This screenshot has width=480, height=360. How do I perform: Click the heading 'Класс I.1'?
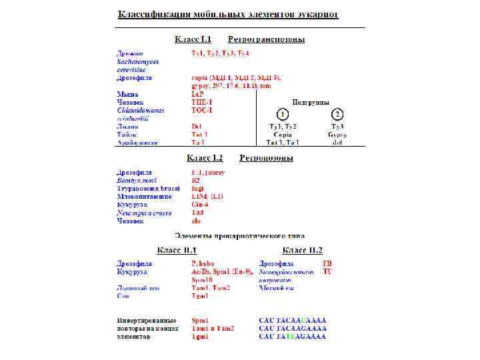click(x=193, y=39)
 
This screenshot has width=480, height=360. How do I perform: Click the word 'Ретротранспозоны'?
click(x=266, y=39)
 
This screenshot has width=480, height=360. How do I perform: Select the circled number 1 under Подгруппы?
click(x=283, y=115)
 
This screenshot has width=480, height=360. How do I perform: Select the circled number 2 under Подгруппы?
click(x=338, y=115)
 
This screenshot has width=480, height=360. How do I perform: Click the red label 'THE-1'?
click(x=202, y=102)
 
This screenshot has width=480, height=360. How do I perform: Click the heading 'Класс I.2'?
click(x=205, y=158)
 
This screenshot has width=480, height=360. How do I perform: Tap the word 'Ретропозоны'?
click(x=266, y=158)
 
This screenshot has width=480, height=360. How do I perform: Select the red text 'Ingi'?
click(x=198, y=189)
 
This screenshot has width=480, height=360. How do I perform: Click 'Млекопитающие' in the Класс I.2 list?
click(x=144, y=197)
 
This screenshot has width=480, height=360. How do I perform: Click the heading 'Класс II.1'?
click(x=177, y=250)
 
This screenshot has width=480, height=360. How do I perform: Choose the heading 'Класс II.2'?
click(x=302, y=250)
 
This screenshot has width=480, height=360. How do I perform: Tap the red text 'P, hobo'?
click(x=203, y=264)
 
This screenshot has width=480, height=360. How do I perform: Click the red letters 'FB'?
click(x=327, y=264)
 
